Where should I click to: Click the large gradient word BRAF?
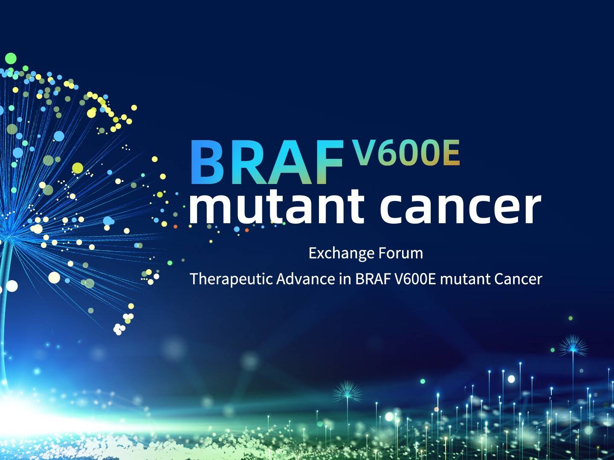pyautogui.click(x=267, y=162)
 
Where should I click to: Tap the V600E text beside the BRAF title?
pyautogui.click(x=406, y=152)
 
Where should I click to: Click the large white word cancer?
pyautogui.click(x=460, y=210)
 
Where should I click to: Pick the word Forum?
pyautogui.click(x=400, y=253)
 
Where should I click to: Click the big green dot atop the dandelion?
pyautogui.click(x=11, y=58)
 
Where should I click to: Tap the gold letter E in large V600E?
pyautogui.click(x=452, y=152)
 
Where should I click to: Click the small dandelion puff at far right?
pyautogui.click(x=573, y=347)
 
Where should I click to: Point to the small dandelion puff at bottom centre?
pyautogui.click(x=347, y=391)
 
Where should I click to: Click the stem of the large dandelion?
pyautogui.click(x=4, y=307)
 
